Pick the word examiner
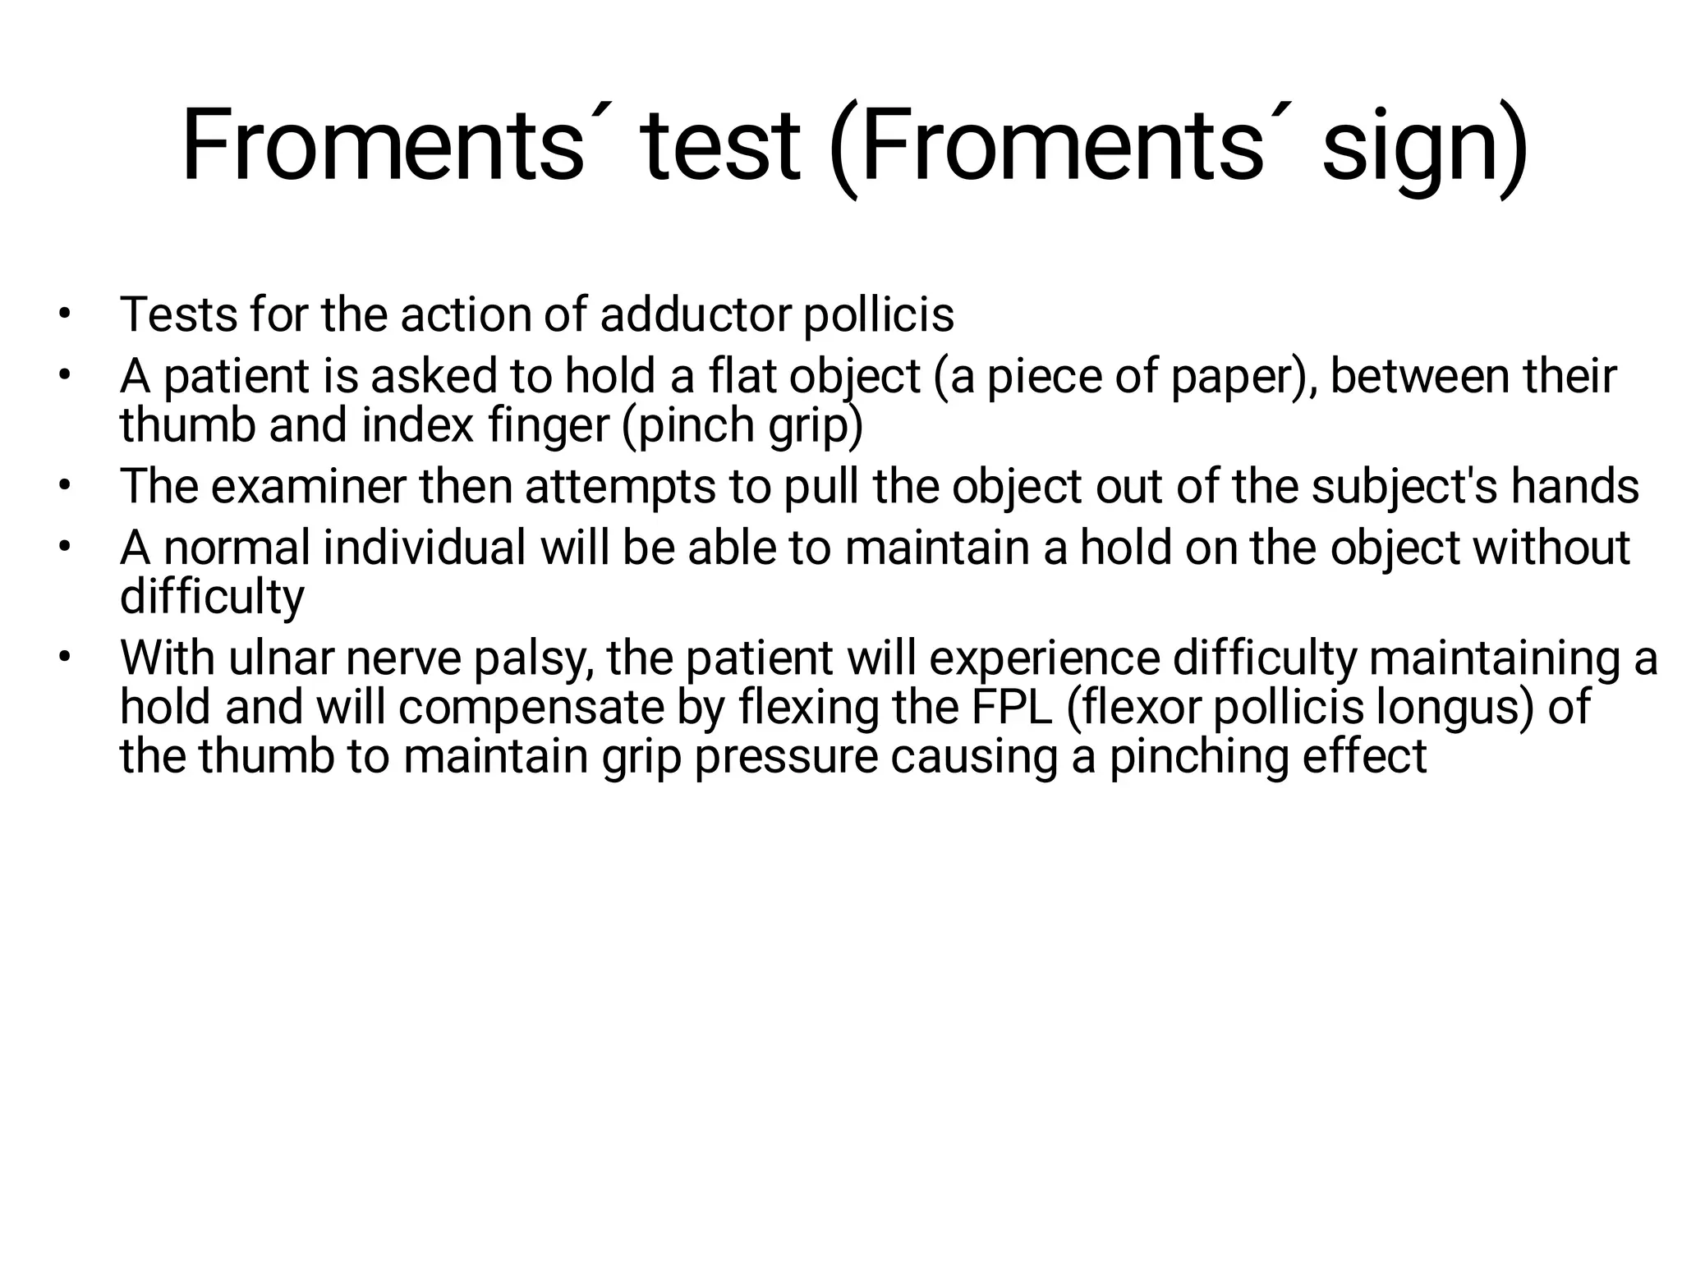pyautogui.click(x=308, y=486)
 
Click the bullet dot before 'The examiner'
pyautogui.click(x=65, y=487)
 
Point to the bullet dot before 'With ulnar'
pyautogui.click(x=65, y=658)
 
